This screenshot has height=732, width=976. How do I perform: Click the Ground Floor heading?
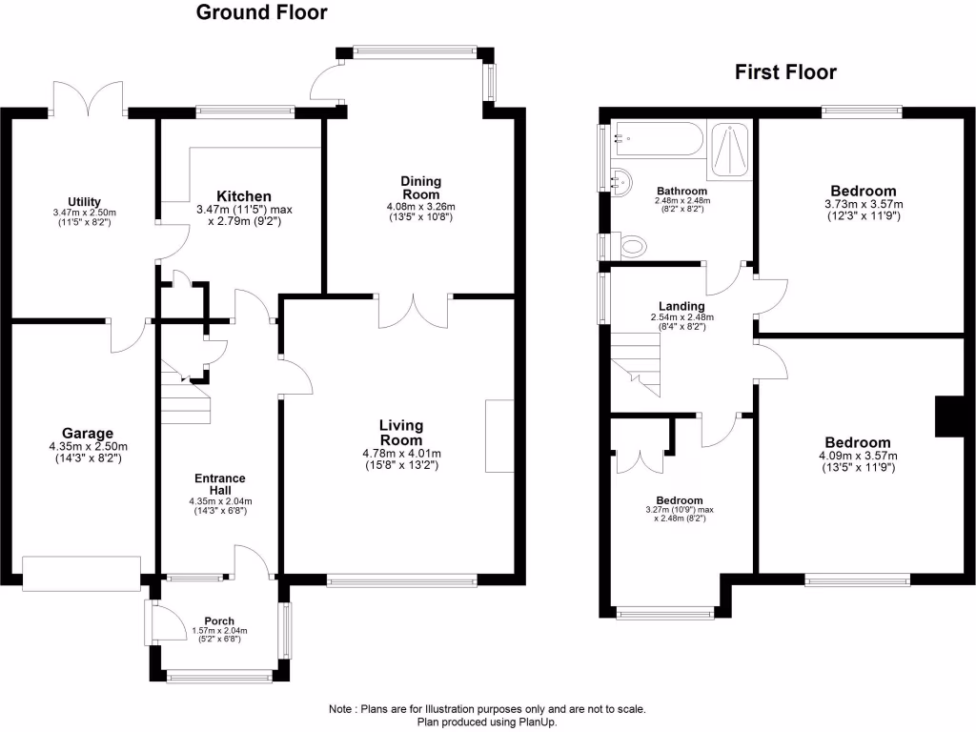click(x=261, y=13)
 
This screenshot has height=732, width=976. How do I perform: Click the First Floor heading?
click(x=785, y=72)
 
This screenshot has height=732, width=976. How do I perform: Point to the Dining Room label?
click(x=420, y=188)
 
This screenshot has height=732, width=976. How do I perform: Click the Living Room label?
click(x=400, y=433)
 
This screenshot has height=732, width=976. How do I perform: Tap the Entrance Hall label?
click(x=220, y=484)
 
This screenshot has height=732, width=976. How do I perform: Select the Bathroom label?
click(x=681, y=190)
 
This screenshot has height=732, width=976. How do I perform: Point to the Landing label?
click(x=681, y=306)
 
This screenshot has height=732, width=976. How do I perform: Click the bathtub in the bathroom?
click(x=659, y=141)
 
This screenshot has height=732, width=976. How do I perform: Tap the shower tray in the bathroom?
click(x=729, y=150)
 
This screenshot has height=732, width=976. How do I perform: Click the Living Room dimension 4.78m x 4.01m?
click(x=401, y=454)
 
